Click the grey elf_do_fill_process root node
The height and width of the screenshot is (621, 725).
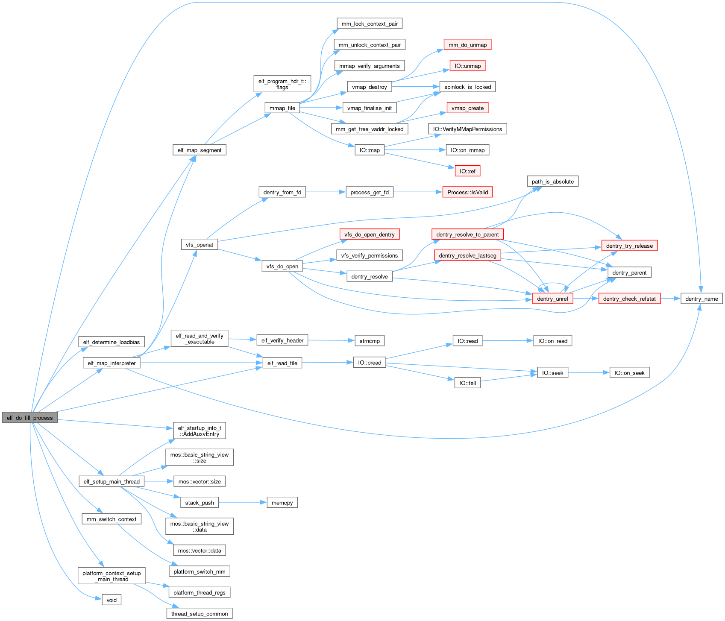click(x=29, y=418)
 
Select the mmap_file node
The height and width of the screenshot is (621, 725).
click(x=282, y=108)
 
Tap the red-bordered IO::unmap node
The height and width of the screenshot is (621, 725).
click(x=467, y=66)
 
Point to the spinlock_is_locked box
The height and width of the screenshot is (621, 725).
click(x=467, y=87)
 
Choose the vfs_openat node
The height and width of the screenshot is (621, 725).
click(x=200, y=245)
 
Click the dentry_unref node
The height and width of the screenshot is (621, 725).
click(x=552, y=299)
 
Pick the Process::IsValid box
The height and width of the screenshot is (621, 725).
click(x=467, y=192)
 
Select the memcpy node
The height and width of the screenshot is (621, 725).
click(x=282, y=503)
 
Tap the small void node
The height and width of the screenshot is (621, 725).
click(x=112, y=600)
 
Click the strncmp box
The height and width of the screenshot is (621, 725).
click(x=370, y=341)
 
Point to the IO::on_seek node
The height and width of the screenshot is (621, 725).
click(x=629, y=373)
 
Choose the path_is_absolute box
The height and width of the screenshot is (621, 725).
click(x=552, y=182)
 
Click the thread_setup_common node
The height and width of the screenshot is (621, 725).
click(x=200, y=614)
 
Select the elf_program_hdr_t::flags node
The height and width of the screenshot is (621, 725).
click(x=282, y=84)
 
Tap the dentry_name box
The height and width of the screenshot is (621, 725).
click(x=702, y=299)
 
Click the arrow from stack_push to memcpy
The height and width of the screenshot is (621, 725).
click(x=242, y=502)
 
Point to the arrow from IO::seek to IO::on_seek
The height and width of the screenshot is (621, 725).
click(x=589, y=372)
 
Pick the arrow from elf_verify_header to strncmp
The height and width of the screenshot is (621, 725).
click(x=331, y=340)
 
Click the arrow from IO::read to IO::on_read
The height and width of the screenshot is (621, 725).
click(x=508, y=341)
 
